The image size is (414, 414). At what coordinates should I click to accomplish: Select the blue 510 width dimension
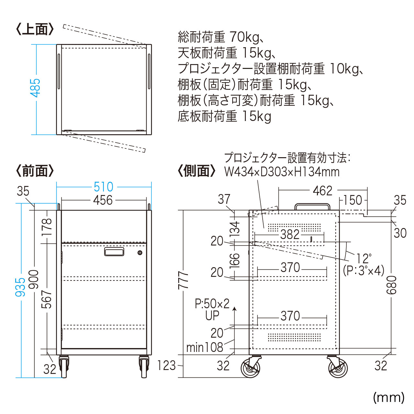pyautogui.click(x=103, y=187)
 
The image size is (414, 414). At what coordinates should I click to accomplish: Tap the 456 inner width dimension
pyautogui.click(x=103, y=200)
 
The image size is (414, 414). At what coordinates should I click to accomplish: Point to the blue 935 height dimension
pyautogui.click(x=20, y=287)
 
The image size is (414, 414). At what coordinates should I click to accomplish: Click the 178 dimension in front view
pyautogui.click(x=47, y=227)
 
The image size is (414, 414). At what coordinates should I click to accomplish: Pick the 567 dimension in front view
pyautogui.click(x=47, y=299)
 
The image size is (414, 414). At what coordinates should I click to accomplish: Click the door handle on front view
pyautogui.click(x=114, y=252)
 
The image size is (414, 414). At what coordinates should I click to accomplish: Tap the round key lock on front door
pyautogui.click(x=140, y=253)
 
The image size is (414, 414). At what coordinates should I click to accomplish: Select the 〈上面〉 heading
pyautogui.click(x=35, y=29)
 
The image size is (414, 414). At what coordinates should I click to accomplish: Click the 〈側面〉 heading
pyautogui.click(x=196, y=170)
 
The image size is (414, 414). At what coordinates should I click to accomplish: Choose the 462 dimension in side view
pyautogui.click(x=322, y=191)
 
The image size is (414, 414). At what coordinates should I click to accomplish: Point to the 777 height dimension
pyautogui.click(x=183, y=280)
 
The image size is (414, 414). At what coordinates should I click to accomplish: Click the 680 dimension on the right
pyautogui.click(x=391, y=285)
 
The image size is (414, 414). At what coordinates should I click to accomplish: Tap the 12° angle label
pyautogui.click(x=364, y=258)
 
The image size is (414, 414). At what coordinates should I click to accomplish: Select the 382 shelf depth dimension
pyautogui.click(x=289, y=234)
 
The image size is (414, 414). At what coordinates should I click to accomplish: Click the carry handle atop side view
pyautogui.click(x=312, y=206)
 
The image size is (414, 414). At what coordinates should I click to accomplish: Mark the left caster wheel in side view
pyautogui.click(x=250, y=368)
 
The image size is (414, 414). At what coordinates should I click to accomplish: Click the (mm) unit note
pyautogui.click(x=388, y=398)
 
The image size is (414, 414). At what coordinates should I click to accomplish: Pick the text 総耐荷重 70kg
pyautogui.click(x=219, y=37)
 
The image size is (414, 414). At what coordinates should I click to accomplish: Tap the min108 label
pyautogui.click(x=205, y=347)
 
